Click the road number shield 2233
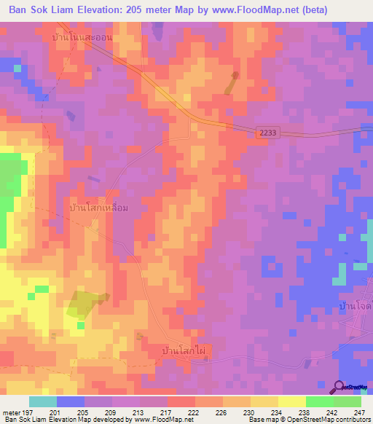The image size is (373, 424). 266,132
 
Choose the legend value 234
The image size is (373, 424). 278,412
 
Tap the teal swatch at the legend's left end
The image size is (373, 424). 42,401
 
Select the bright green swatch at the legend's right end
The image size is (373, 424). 347,401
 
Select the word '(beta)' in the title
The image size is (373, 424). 311,9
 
